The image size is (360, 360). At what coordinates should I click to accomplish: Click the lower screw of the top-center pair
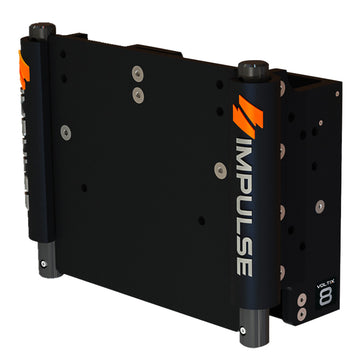[137, 93]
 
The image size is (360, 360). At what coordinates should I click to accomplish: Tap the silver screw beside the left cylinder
[66, 131]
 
